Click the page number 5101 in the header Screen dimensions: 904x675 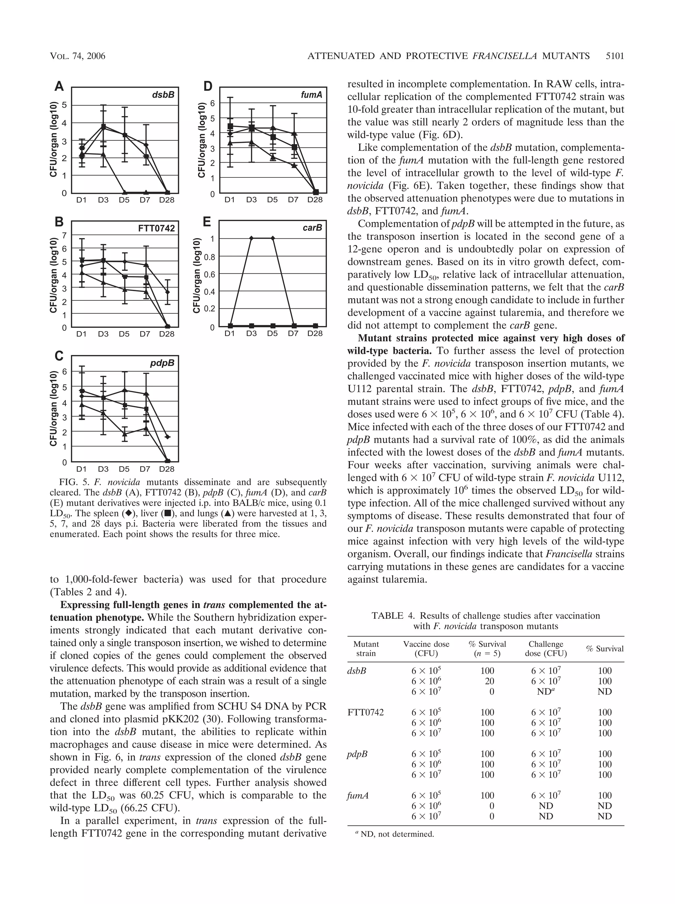615,56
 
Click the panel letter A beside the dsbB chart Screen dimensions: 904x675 59,87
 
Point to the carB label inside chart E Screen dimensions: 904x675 312,228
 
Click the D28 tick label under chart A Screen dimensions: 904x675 166,200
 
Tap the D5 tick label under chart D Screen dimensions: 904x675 272,200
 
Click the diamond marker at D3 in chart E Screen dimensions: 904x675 251,238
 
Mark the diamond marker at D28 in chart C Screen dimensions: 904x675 167,437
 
